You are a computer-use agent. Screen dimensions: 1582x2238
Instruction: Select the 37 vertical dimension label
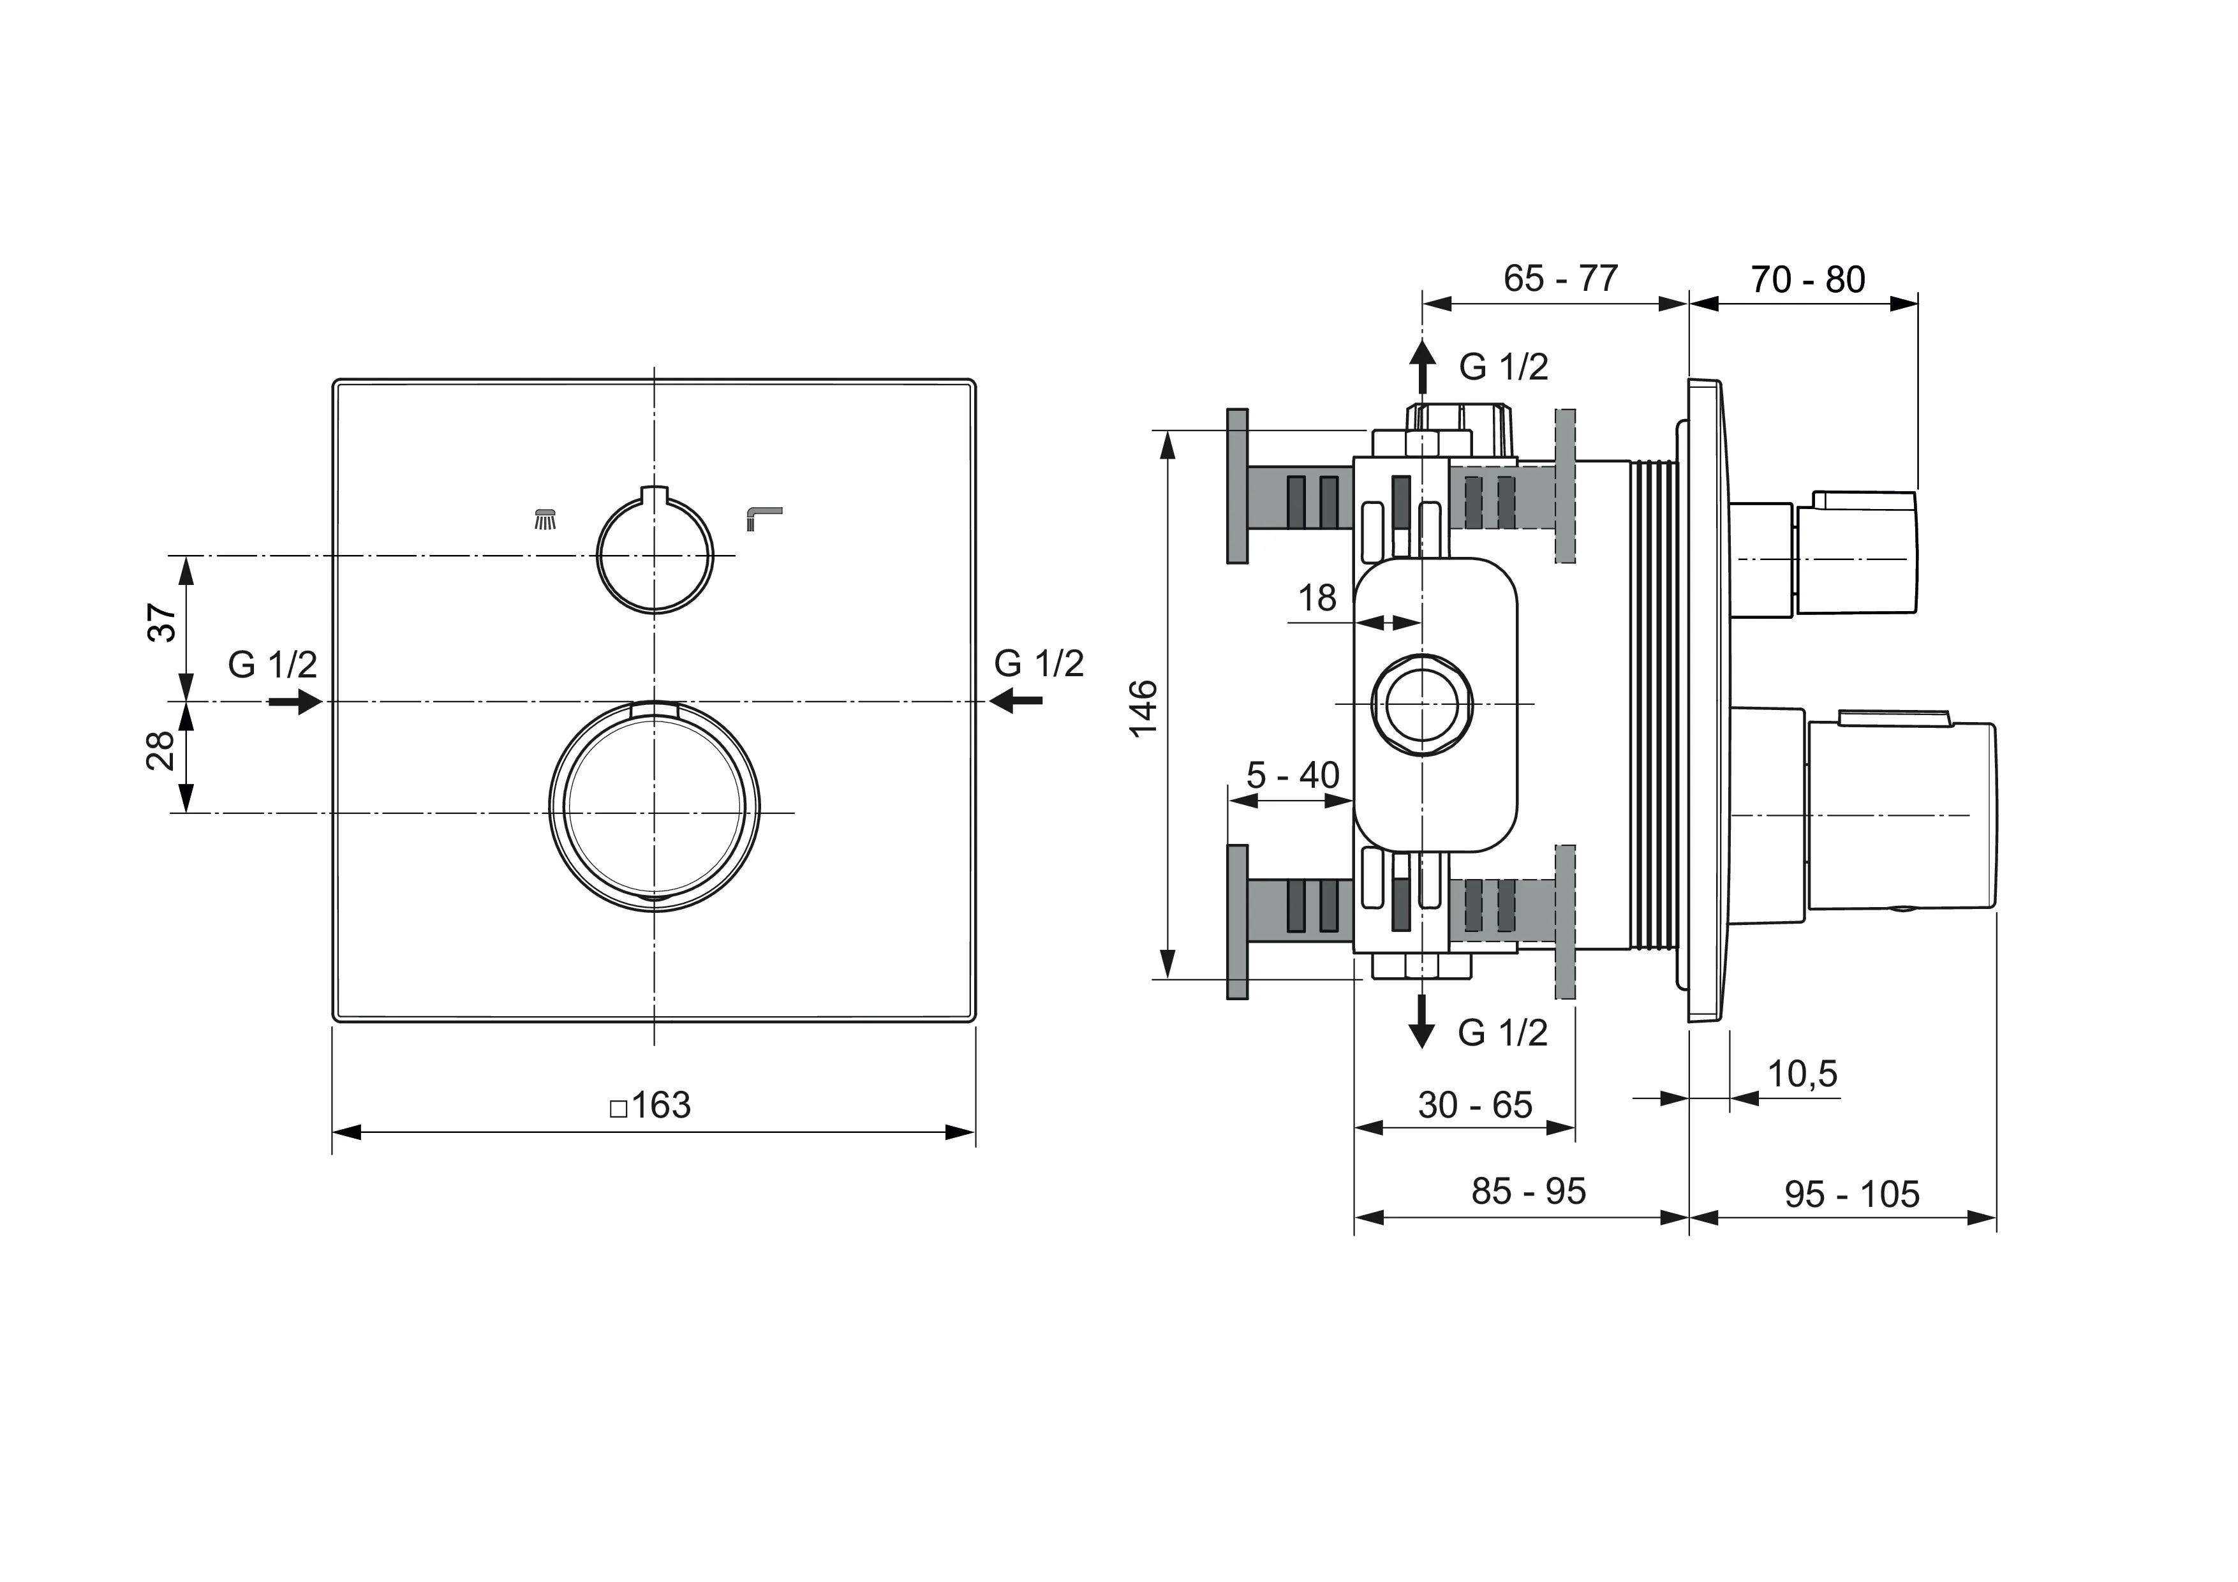163,623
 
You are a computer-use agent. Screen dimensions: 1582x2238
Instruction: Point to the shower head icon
547,519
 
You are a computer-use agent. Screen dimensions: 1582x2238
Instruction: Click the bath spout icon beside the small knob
763,517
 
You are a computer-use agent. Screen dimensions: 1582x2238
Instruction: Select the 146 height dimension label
1143,709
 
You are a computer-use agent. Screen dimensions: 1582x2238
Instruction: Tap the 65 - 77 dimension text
1560,279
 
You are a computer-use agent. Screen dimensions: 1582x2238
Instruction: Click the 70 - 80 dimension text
1807,280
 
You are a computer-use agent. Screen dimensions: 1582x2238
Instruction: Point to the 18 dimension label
1317,598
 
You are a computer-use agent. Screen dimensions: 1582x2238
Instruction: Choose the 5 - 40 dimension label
1293,776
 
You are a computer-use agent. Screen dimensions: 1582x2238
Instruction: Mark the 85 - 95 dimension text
1529,1191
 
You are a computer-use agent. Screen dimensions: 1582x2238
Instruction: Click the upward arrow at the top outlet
1423,367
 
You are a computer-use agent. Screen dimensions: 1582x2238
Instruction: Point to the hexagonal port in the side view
1421,704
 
